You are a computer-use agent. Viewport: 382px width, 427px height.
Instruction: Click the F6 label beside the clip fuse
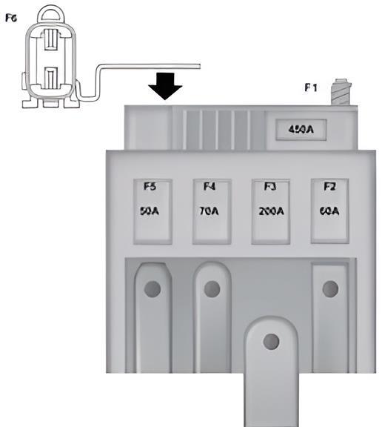[11, 19]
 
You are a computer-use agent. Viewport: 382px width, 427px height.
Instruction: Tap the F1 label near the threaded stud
[310, 87]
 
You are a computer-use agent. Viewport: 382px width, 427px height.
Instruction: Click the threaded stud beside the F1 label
[341, 92]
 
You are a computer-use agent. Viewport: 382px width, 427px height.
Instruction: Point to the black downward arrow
[165, 86]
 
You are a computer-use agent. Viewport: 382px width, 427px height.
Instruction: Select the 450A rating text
[301, 129]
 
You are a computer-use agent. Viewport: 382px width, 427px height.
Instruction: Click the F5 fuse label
[150, 187]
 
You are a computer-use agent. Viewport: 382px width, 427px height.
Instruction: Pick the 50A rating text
[150, 211]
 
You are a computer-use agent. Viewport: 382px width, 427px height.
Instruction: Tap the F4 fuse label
[210, 187]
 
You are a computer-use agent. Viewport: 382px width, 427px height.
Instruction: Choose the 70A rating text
[209, 211]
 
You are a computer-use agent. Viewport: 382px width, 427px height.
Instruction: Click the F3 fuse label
[270, 187]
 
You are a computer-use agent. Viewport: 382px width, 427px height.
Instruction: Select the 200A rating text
[272, 211]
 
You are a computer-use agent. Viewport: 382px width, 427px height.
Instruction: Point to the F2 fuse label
[329, 187]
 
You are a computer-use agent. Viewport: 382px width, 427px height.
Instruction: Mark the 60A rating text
[329, 211]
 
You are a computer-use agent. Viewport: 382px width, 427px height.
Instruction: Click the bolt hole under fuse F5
[153, 289]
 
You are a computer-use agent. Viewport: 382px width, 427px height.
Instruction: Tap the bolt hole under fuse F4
[212, 289]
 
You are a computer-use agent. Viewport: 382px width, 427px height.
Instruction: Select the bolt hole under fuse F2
[331, 289]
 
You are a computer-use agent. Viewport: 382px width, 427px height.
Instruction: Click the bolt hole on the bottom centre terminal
[272, 342]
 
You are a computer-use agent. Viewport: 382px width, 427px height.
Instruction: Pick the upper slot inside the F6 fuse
[51, 40]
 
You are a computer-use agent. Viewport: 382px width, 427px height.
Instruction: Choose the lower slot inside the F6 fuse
[51, 78]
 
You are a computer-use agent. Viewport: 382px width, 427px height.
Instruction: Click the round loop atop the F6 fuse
[51, 8]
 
